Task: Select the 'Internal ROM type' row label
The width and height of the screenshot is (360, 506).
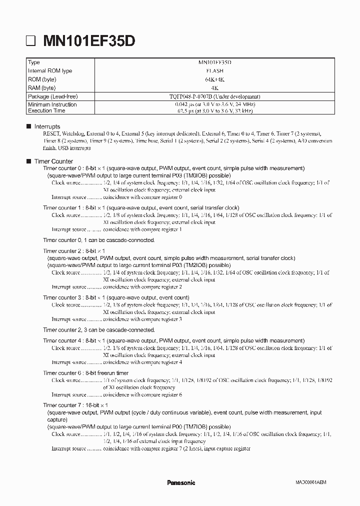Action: [50, 71]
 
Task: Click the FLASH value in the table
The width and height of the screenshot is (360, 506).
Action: [214, 71]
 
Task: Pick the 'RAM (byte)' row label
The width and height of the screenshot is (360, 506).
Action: [42, 87]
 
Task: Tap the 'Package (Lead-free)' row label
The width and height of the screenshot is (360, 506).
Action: [53, 96]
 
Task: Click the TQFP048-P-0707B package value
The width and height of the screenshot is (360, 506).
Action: [214, 96]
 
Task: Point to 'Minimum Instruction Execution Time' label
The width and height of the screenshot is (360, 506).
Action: [52, 107]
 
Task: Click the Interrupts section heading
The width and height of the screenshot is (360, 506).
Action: [47, 127]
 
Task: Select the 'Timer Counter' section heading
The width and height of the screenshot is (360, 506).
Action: [53, 161]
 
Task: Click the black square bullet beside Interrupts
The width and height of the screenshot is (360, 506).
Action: [28, 127]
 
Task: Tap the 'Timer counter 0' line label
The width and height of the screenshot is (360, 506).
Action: [61, 168]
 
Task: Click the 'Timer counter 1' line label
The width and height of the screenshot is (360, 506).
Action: [61, 207]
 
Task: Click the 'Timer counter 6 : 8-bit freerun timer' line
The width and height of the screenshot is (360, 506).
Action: [85, 373]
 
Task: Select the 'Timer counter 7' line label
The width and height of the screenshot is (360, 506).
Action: [61, 405]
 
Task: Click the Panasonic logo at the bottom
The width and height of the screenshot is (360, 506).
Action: [180, 482]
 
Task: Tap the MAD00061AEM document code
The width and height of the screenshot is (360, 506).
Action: [310, 483]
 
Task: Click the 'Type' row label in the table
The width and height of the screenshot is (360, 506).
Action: [34, 62]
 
